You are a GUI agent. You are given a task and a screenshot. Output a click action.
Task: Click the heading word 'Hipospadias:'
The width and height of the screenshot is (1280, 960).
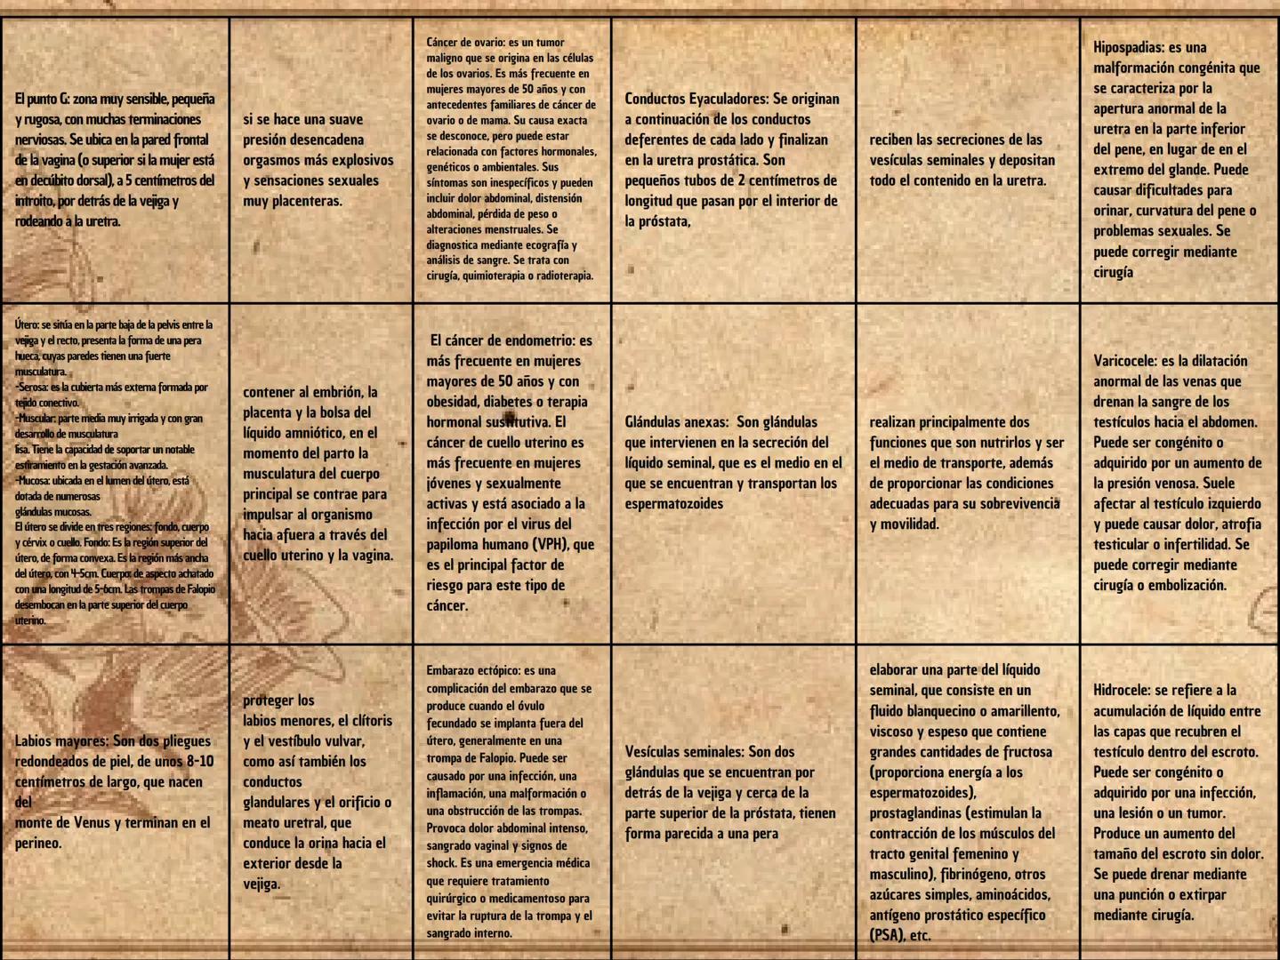tap(1129, 48)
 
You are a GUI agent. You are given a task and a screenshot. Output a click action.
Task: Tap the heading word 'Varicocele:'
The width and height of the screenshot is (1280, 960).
tap(1125, 361)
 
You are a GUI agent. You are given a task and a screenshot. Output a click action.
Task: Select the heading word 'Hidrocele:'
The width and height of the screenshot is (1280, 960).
tap(1123, 691)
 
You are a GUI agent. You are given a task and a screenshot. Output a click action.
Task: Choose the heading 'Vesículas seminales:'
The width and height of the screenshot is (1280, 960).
tap(684, 752)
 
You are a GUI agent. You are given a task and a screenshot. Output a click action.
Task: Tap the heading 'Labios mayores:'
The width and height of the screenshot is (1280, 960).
tap(62, 741)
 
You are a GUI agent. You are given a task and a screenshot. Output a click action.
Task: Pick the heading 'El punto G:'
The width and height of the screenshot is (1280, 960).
tap(41, 100)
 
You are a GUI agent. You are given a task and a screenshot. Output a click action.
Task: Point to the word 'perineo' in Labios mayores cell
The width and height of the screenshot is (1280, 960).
tap(37, 844)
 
